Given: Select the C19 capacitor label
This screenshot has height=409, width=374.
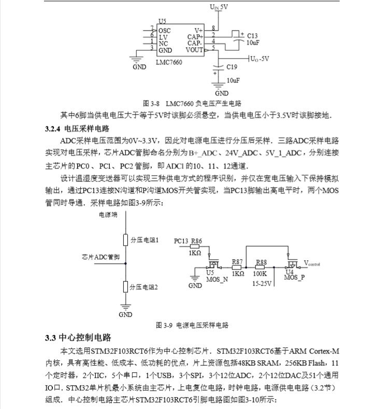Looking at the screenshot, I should (232, 67).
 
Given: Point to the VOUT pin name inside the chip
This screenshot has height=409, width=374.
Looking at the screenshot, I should (195, 50).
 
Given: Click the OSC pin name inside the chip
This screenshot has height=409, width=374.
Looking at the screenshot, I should (165, 31).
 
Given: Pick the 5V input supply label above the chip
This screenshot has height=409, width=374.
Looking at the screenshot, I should (219, 7).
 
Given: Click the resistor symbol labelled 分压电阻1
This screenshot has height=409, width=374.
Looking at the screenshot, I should (125, 240).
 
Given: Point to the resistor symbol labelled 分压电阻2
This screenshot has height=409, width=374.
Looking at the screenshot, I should (125, 286).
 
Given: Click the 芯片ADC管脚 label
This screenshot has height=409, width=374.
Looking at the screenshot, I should (100, 257).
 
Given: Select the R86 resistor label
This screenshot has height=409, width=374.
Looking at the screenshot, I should (196, 241).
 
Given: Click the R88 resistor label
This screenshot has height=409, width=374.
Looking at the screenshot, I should (261, 262).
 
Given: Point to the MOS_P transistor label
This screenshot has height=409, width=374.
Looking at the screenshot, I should (294, 277).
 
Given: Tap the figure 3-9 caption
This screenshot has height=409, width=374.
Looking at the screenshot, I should (192, 325).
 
